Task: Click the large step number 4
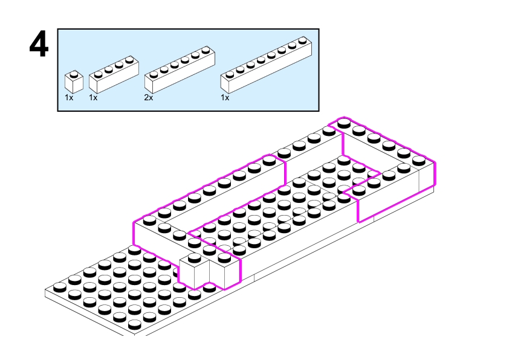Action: pyautogui.click(x=39, y=47)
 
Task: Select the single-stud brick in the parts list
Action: pyautogui.click(x=74, y=82)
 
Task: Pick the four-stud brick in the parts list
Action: pyautogui.click(x=114, y=73)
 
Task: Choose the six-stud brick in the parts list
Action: pyautogui.click(x=180, y=68)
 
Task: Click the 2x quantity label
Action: pyautogui.click(x=149, y=97)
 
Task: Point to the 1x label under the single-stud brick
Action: pyautogui.click(x=69, y=97)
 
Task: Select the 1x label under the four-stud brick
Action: pyautogui.click(x=93, y=97)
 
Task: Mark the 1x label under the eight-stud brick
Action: pyautogui.click(x=225, y=97)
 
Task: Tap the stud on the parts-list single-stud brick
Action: pyautogui.click(x=74, y=75)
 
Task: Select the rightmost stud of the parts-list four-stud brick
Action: pyautogui.click(x=128, y=59)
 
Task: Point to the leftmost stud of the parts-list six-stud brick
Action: pyautogui.click(x=154, y=74)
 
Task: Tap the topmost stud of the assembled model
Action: pyautogui.click(x=344, y=123)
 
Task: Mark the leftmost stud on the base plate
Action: pyautogui.click(x=60, y=285)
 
